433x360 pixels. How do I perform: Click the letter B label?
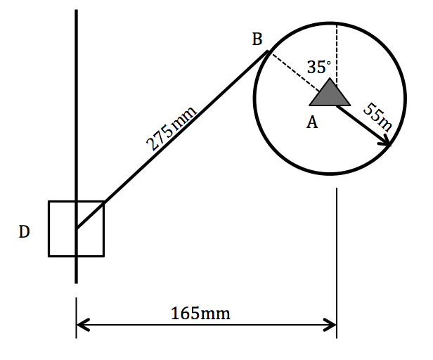257,39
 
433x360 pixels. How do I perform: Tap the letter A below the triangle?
312,122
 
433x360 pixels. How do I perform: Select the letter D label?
24,231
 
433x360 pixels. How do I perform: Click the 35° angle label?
318,67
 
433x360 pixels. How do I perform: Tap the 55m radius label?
377,117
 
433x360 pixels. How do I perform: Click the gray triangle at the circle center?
330,94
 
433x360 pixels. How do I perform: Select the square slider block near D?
90,242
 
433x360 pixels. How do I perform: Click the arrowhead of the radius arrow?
386,143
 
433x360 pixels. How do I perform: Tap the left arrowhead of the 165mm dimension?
82,325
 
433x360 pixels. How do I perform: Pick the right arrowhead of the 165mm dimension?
331,325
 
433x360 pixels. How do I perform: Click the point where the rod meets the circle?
266,51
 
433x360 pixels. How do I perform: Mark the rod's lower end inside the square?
77,229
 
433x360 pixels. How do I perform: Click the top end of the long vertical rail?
76,11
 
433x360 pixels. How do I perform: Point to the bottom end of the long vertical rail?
76,281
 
